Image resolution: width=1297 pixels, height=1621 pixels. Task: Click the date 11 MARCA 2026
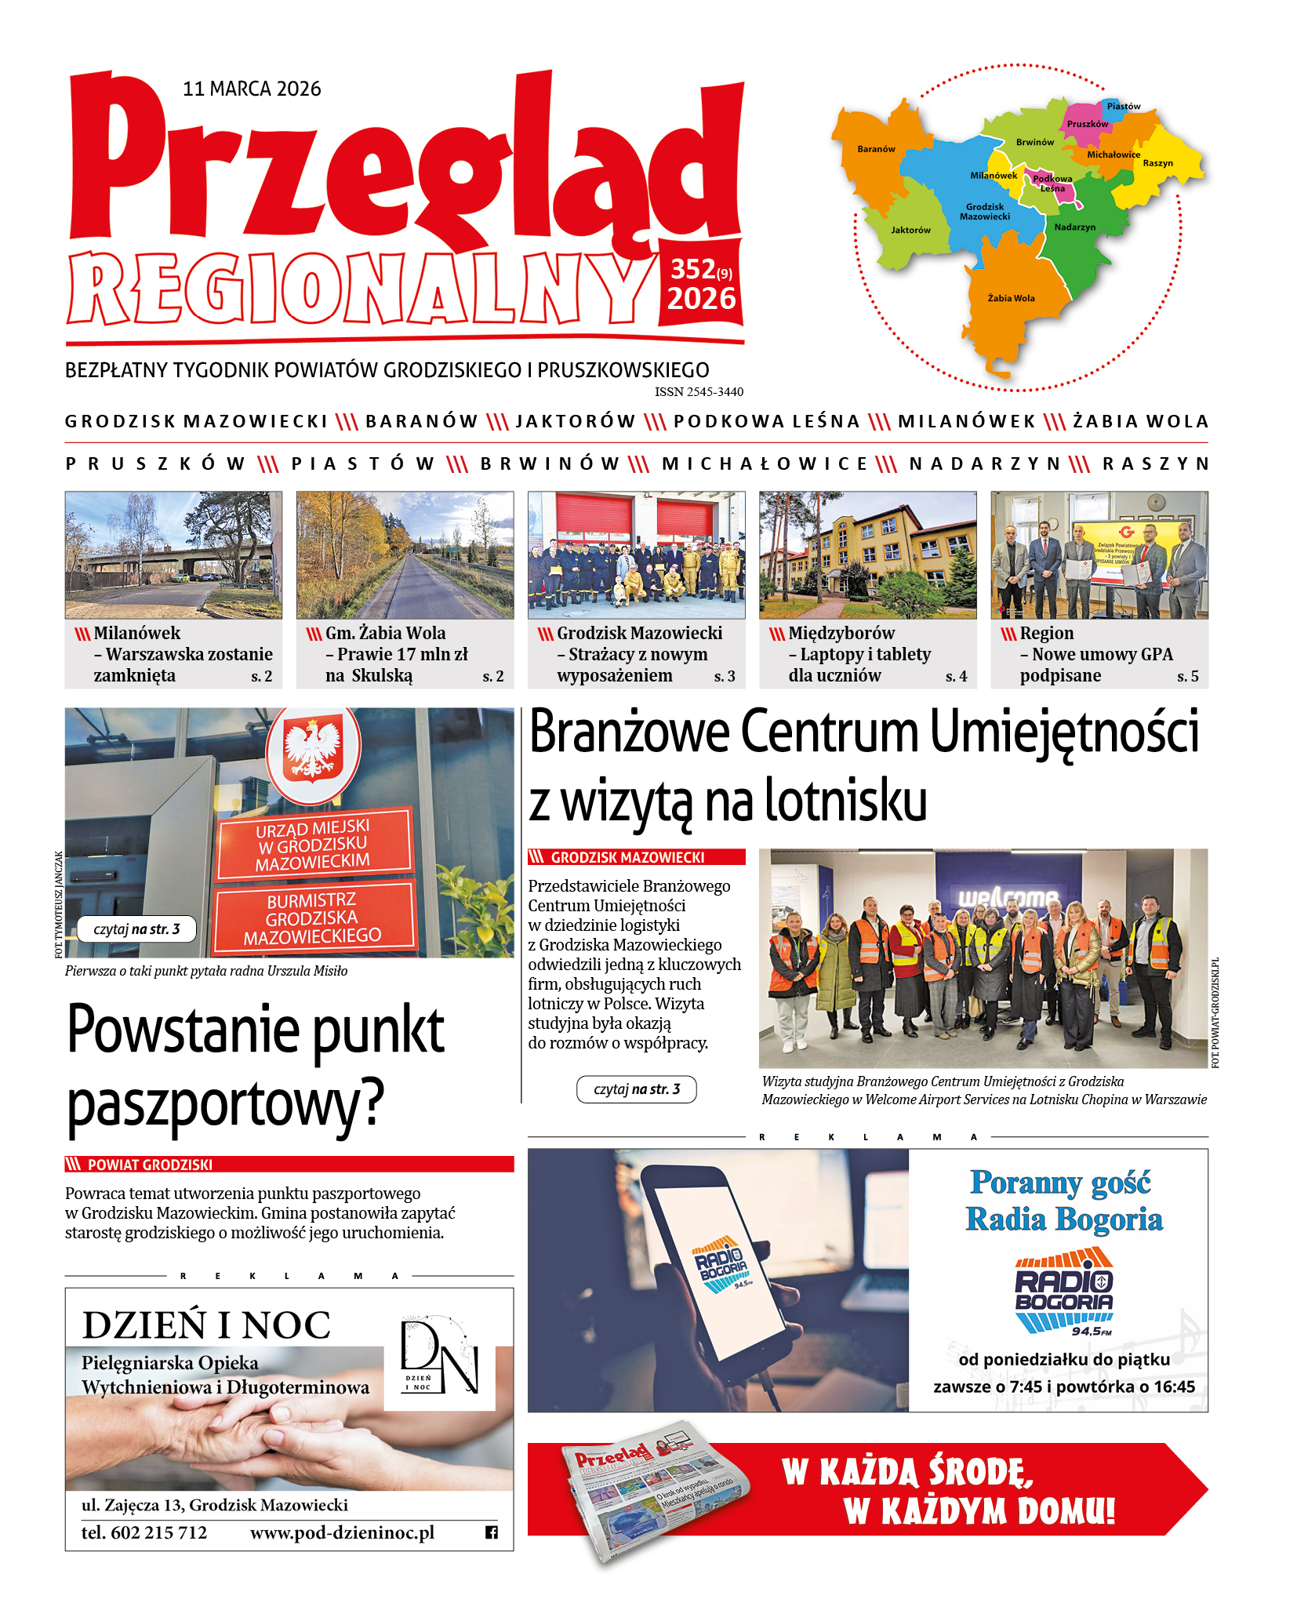click(x=252, y=89)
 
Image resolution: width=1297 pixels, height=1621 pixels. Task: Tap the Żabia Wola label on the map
click(x=1011, y=298)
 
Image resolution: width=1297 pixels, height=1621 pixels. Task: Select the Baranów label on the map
click(x=876, y=149)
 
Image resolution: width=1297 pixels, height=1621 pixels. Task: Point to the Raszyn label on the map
click(x=1157, y=163)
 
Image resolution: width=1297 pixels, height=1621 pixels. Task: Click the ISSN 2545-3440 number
click(x=699, y=392)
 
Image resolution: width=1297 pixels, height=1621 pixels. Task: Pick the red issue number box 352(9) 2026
click(x=701, y=284)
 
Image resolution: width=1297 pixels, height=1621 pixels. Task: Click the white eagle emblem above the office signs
click(x=312, y=751)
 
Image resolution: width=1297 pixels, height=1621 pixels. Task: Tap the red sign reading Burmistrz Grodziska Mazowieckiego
click(x=313, y=918)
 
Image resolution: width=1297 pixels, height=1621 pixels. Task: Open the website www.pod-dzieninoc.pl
click(x=342, y=1532)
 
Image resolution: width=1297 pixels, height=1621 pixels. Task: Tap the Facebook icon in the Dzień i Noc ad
click(x=492, y=1532)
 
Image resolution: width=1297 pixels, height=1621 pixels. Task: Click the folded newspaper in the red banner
click(x=655, y=1490)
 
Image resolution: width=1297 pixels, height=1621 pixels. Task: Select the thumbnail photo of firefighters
click(x=636, y=554)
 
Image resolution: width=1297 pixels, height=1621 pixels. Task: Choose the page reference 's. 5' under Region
click(x=1187, y=677)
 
